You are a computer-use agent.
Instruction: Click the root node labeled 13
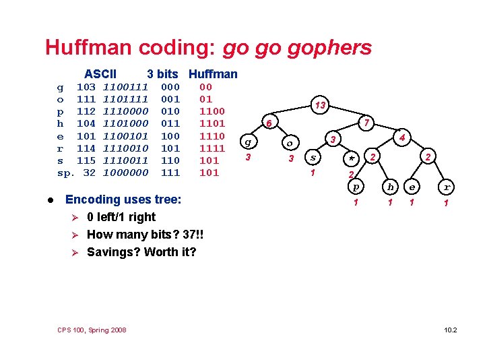[321, 105]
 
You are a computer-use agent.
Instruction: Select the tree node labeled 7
[366, 123]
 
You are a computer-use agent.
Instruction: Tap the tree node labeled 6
[268, 123]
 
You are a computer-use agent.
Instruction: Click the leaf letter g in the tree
[249, 142]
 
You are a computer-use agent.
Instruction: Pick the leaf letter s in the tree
[312, 158]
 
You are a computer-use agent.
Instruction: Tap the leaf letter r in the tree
[446, 187]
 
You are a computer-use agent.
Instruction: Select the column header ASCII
[100, 73]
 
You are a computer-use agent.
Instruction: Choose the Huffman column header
[213, 73]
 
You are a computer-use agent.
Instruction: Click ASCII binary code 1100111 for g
[125, 87]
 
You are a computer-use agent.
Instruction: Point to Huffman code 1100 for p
[212, 111]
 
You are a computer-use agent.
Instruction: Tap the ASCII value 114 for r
[86, 148]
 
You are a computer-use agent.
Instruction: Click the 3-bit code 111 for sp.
[170, 172]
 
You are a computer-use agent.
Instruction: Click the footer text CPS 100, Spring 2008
[92, 330]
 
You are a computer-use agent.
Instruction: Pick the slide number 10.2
[451, 330]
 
